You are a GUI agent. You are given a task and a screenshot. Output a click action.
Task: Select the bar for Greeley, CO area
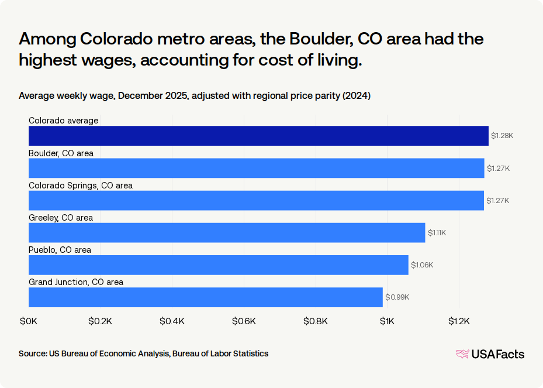click(227, 232)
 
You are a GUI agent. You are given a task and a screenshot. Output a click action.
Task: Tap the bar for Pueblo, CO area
click(219, 265)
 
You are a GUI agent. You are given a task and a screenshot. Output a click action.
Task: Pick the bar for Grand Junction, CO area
click(206, 297)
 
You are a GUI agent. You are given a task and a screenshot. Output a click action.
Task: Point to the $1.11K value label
click(437, 232)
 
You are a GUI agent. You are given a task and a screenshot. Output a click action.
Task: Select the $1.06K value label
click(422, 265)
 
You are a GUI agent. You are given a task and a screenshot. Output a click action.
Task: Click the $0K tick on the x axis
click(29, 321)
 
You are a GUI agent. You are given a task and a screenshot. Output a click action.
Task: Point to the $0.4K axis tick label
click(172, 321)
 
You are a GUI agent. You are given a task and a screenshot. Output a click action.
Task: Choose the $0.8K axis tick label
click(316, 321)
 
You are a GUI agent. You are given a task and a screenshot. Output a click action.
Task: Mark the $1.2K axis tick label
click(459, 321)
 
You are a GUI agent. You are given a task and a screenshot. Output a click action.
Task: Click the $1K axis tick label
click(387, 321)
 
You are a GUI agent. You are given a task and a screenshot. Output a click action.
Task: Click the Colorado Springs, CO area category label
click(81, 186)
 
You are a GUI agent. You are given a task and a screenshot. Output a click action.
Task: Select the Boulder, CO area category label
click(61, 153)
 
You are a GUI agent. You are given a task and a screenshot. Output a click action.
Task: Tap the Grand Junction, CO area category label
click(76, 282)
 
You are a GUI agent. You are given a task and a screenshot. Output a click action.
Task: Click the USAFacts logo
click(490, 354)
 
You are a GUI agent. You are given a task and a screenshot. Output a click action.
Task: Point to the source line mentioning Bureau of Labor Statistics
click(143, 353)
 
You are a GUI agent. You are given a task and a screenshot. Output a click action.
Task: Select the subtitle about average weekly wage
click(194, 95)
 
